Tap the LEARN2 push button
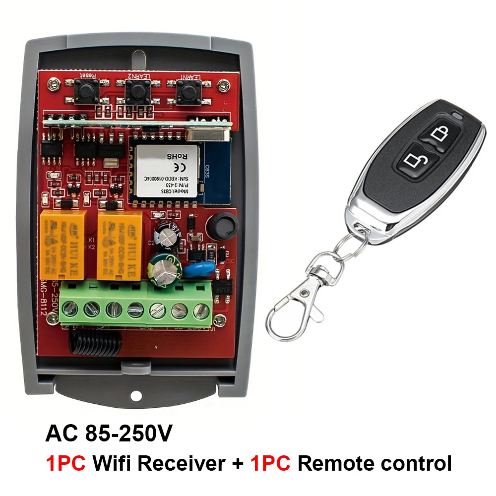click(x=134, y=91)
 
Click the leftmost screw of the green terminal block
click(x=71, y=310)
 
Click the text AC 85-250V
click(x=109, y=433)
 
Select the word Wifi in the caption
click(x=113, y=463)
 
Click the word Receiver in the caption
click(x=181, y=463)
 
